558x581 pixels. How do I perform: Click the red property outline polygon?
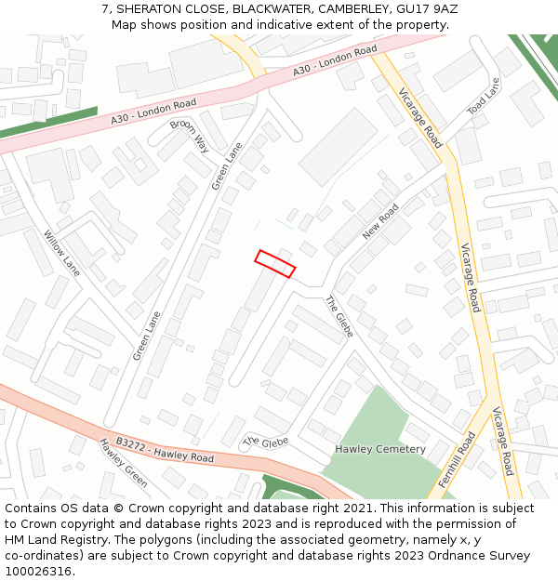tap(275, 263)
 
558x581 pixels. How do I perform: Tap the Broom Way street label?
tap(190, 136)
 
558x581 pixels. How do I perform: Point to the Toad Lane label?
tap(483, 97)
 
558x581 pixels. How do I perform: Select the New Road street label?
tap(380, 220)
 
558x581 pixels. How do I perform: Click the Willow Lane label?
tap(62, 252)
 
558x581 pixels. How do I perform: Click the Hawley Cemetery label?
tap(380, 449)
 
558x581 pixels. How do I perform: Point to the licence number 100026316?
tap(38, 572)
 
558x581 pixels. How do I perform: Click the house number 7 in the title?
tap(105, 9)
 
